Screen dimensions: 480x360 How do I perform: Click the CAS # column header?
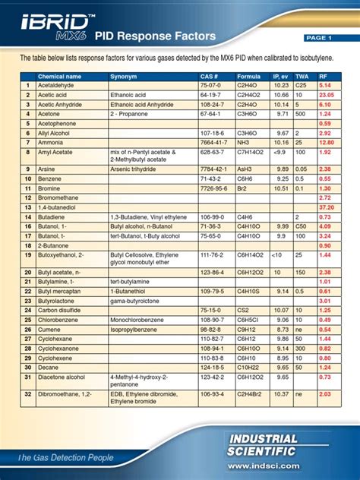210,77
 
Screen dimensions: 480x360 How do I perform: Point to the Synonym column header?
125,77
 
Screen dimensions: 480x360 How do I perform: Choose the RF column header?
324,77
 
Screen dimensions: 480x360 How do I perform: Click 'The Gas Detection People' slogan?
65,457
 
